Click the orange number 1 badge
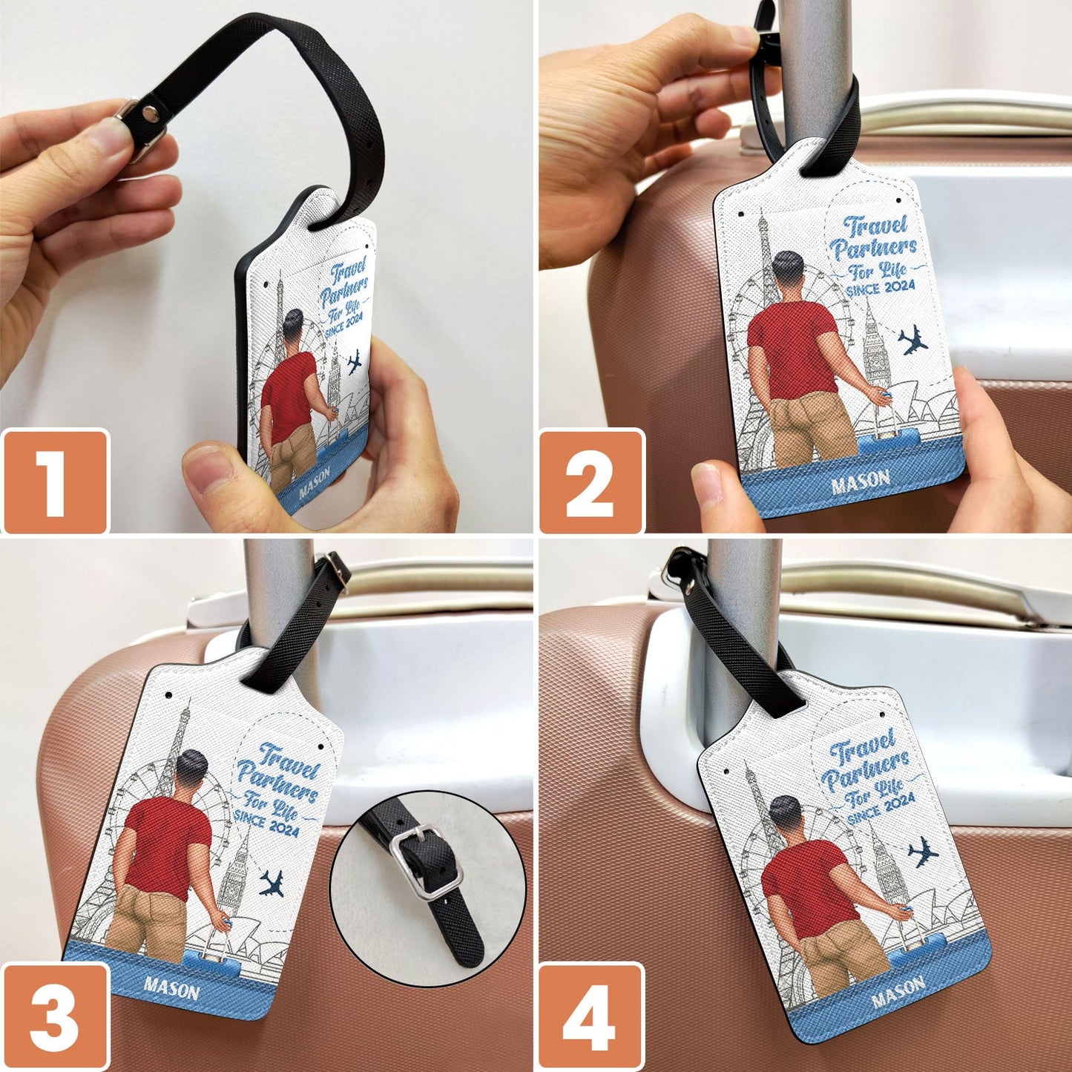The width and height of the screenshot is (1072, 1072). click(55, 481)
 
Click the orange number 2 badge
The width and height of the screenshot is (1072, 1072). click(591, 481)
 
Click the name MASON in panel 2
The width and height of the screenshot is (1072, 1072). click(861, 481)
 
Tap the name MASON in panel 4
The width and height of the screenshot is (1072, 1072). click(898, 991)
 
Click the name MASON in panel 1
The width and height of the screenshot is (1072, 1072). click(315, 481)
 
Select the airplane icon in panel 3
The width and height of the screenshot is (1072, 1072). click(272, 883)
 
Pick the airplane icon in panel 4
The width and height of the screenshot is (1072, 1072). click(923, 852)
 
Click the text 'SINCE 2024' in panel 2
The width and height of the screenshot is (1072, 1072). click(881, 288)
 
